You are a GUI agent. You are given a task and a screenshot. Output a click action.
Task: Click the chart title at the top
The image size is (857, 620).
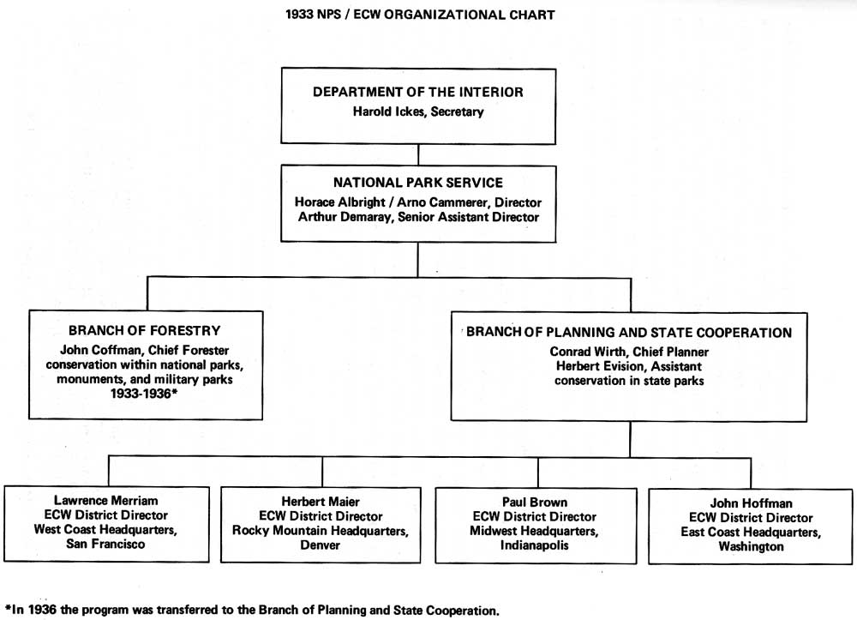(x=420, y=15)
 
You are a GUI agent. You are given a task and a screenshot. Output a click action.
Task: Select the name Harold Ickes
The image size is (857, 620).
(x=388, y=111)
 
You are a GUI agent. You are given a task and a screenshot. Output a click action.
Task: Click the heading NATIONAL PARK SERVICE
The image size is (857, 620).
(x=418, y=183)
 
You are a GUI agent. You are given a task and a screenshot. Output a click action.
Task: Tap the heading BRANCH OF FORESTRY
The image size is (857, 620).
(x=144, y=331)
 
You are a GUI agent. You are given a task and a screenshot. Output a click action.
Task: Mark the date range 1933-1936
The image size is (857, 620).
(x=141, y=394)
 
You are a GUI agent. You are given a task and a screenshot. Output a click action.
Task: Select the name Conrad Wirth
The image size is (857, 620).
(x=587, y=352)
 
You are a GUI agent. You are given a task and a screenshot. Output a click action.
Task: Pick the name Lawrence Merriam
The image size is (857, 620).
(x=106, y=500)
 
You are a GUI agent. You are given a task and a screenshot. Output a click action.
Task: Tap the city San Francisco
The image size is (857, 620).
(x=105, y=544)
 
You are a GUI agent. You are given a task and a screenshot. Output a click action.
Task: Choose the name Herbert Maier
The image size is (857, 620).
(x=321, y=502)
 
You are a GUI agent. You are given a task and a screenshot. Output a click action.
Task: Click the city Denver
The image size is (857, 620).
(x=321, y=545)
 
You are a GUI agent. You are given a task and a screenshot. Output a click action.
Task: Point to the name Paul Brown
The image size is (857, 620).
(x=535, y=502)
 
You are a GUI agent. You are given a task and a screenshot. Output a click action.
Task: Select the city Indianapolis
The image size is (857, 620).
(x=535, y=545)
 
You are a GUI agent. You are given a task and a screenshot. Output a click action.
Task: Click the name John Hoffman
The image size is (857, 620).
(x=751, y=503)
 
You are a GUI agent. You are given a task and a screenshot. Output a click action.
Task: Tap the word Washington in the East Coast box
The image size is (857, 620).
(x=751, y=547)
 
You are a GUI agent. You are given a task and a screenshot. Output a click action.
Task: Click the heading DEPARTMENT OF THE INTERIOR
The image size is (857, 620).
(x=418, y=92)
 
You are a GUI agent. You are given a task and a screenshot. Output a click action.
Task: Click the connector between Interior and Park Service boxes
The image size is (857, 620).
(x=418, y=154)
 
